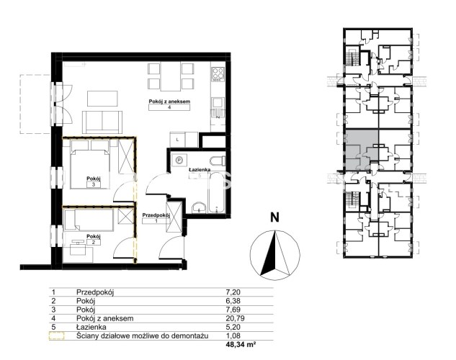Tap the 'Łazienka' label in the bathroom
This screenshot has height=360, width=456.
pyautogui.click(x=200, y=169)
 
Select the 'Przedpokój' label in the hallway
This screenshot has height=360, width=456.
pyautogui.click(x=156, y=215)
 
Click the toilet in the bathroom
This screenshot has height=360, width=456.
pyautogui.click(x=218, y=160)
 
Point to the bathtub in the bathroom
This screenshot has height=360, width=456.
pyautogui.click(x=217, y=193)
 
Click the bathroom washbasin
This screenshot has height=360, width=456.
pyautogui.click(x=200, y=208)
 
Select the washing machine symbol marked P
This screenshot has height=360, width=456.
pyautogui.click(x=179, y=160)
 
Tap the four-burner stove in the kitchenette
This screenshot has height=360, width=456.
pyautogui.click(x=218, y=74)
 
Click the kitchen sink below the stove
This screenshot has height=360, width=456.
pyautogui.click(x=218, y=103)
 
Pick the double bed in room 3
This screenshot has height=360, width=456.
pyautogui.click(x=90, y=164)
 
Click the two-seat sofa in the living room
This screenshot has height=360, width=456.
pyautogui.click(x=102, y=122)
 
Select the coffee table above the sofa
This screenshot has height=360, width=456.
pyautogui.click(x=102, y=99)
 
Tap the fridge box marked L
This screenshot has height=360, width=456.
pyautogui.click(x=178, y=140)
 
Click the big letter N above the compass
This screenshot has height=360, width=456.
pyautogui.click(x=274, y=217)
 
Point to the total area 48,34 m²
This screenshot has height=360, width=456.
pyautogui.click(x=241, y=345)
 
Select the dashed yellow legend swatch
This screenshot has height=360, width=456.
pyautogui.click(x=56, y=336)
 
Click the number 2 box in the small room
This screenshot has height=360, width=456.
pyautogui.click(x=94, y=243)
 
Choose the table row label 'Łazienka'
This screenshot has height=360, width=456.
pyautogui.click(x=91, y=327)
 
